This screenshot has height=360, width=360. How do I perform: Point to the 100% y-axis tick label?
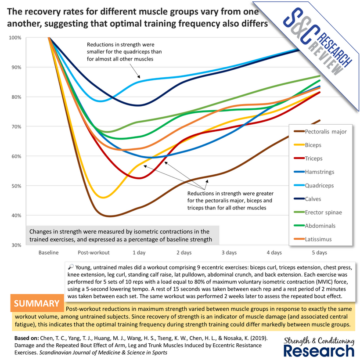pyautogui.click(x=15, y=38)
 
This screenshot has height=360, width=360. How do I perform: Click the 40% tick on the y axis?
pyautogui.click(x=16, y=216)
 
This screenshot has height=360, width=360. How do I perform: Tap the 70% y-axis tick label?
pyautogui.click(x=16, y=126)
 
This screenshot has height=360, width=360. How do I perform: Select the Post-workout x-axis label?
pyautogui.click(x=94, y=253)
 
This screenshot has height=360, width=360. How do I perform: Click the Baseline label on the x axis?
pyautogui.click(x=48, y=253)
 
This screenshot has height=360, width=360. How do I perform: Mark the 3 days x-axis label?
pyautogui.click(x=229, y=253)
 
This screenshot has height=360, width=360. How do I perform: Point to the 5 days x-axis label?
pyautogui.click(x=319, y=253)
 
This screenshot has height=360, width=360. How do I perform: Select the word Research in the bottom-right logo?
pyautogui.click(x=319, y=350)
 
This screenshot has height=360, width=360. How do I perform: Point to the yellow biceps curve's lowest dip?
pyautogui.click(x=103, y=198)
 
